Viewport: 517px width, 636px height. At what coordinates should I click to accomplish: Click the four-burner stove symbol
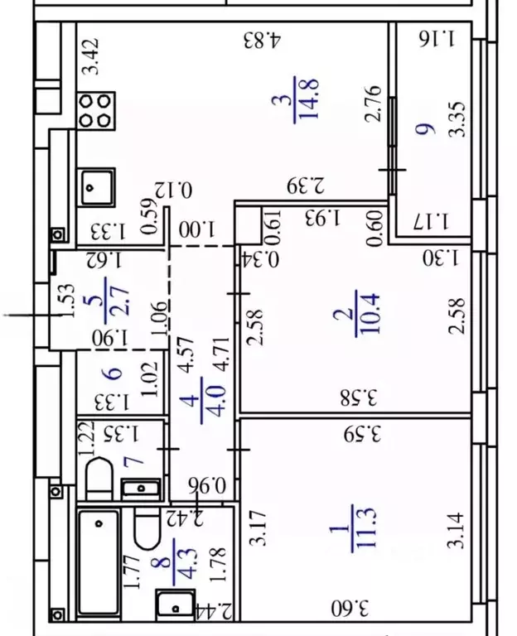96,111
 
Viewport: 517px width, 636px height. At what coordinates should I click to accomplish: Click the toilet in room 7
99,479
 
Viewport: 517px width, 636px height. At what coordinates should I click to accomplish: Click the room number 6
114,373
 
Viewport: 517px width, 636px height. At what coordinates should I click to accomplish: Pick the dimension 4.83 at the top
262,40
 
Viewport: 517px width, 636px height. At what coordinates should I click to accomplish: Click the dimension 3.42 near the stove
90,56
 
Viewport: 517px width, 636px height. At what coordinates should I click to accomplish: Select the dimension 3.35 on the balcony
458,119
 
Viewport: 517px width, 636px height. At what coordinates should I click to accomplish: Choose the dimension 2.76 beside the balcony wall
373,104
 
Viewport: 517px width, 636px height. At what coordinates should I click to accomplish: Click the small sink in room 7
140,488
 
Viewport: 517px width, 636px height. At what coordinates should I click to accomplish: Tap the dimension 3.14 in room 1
456,530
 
